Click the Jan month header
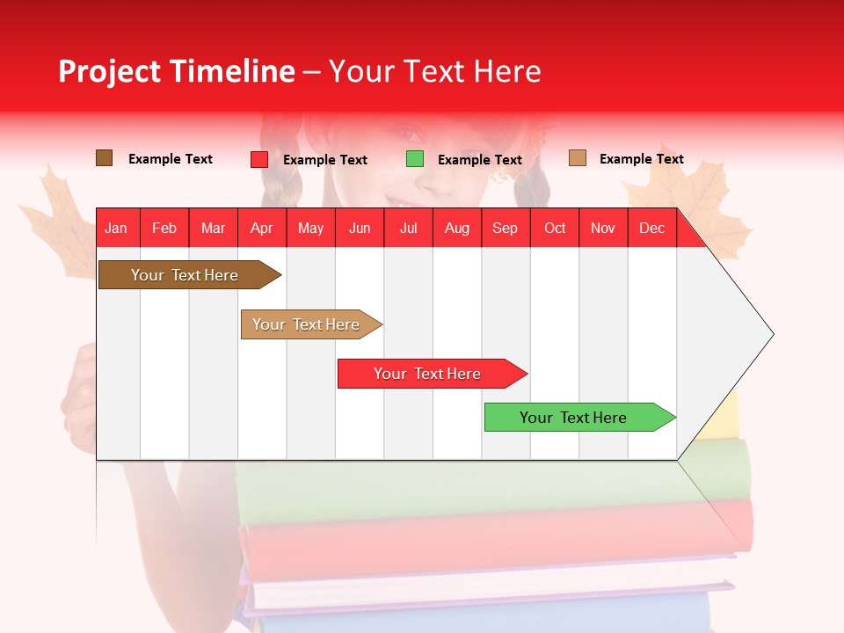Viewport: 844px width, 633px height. (x=117, y=228)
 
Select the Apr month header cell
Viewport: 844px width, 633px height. (x=262, y=228)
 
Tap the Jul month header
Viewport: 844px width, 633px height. (x=408, y=228)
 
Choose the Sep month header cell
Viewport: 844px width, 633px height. (x=506, y=228)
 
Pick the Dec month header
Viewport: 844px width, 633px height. (x=651, y=228)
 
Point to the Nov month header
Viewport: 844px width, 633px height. (x=603, y=228)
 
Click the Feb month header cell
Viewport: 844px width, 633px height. (x=164, y=228)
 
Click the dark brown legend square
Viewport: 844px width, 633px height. (x=105, y=158)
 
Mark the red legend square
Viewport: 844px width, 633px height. (x=259, y=159)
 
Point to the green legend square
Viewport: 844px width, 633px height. (x=415, y=159)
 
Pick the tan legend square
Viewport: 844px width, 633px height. (x=578, y=158)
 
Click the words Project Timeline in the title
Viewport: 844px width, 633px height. (x=177, y=71)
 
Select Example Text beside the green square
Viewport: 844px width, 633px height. (x=479, y=160)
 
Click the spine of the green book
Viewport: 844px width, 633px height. (x=492, y=492)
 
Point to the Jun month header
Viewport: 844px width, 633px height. (x=360, y=228)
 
